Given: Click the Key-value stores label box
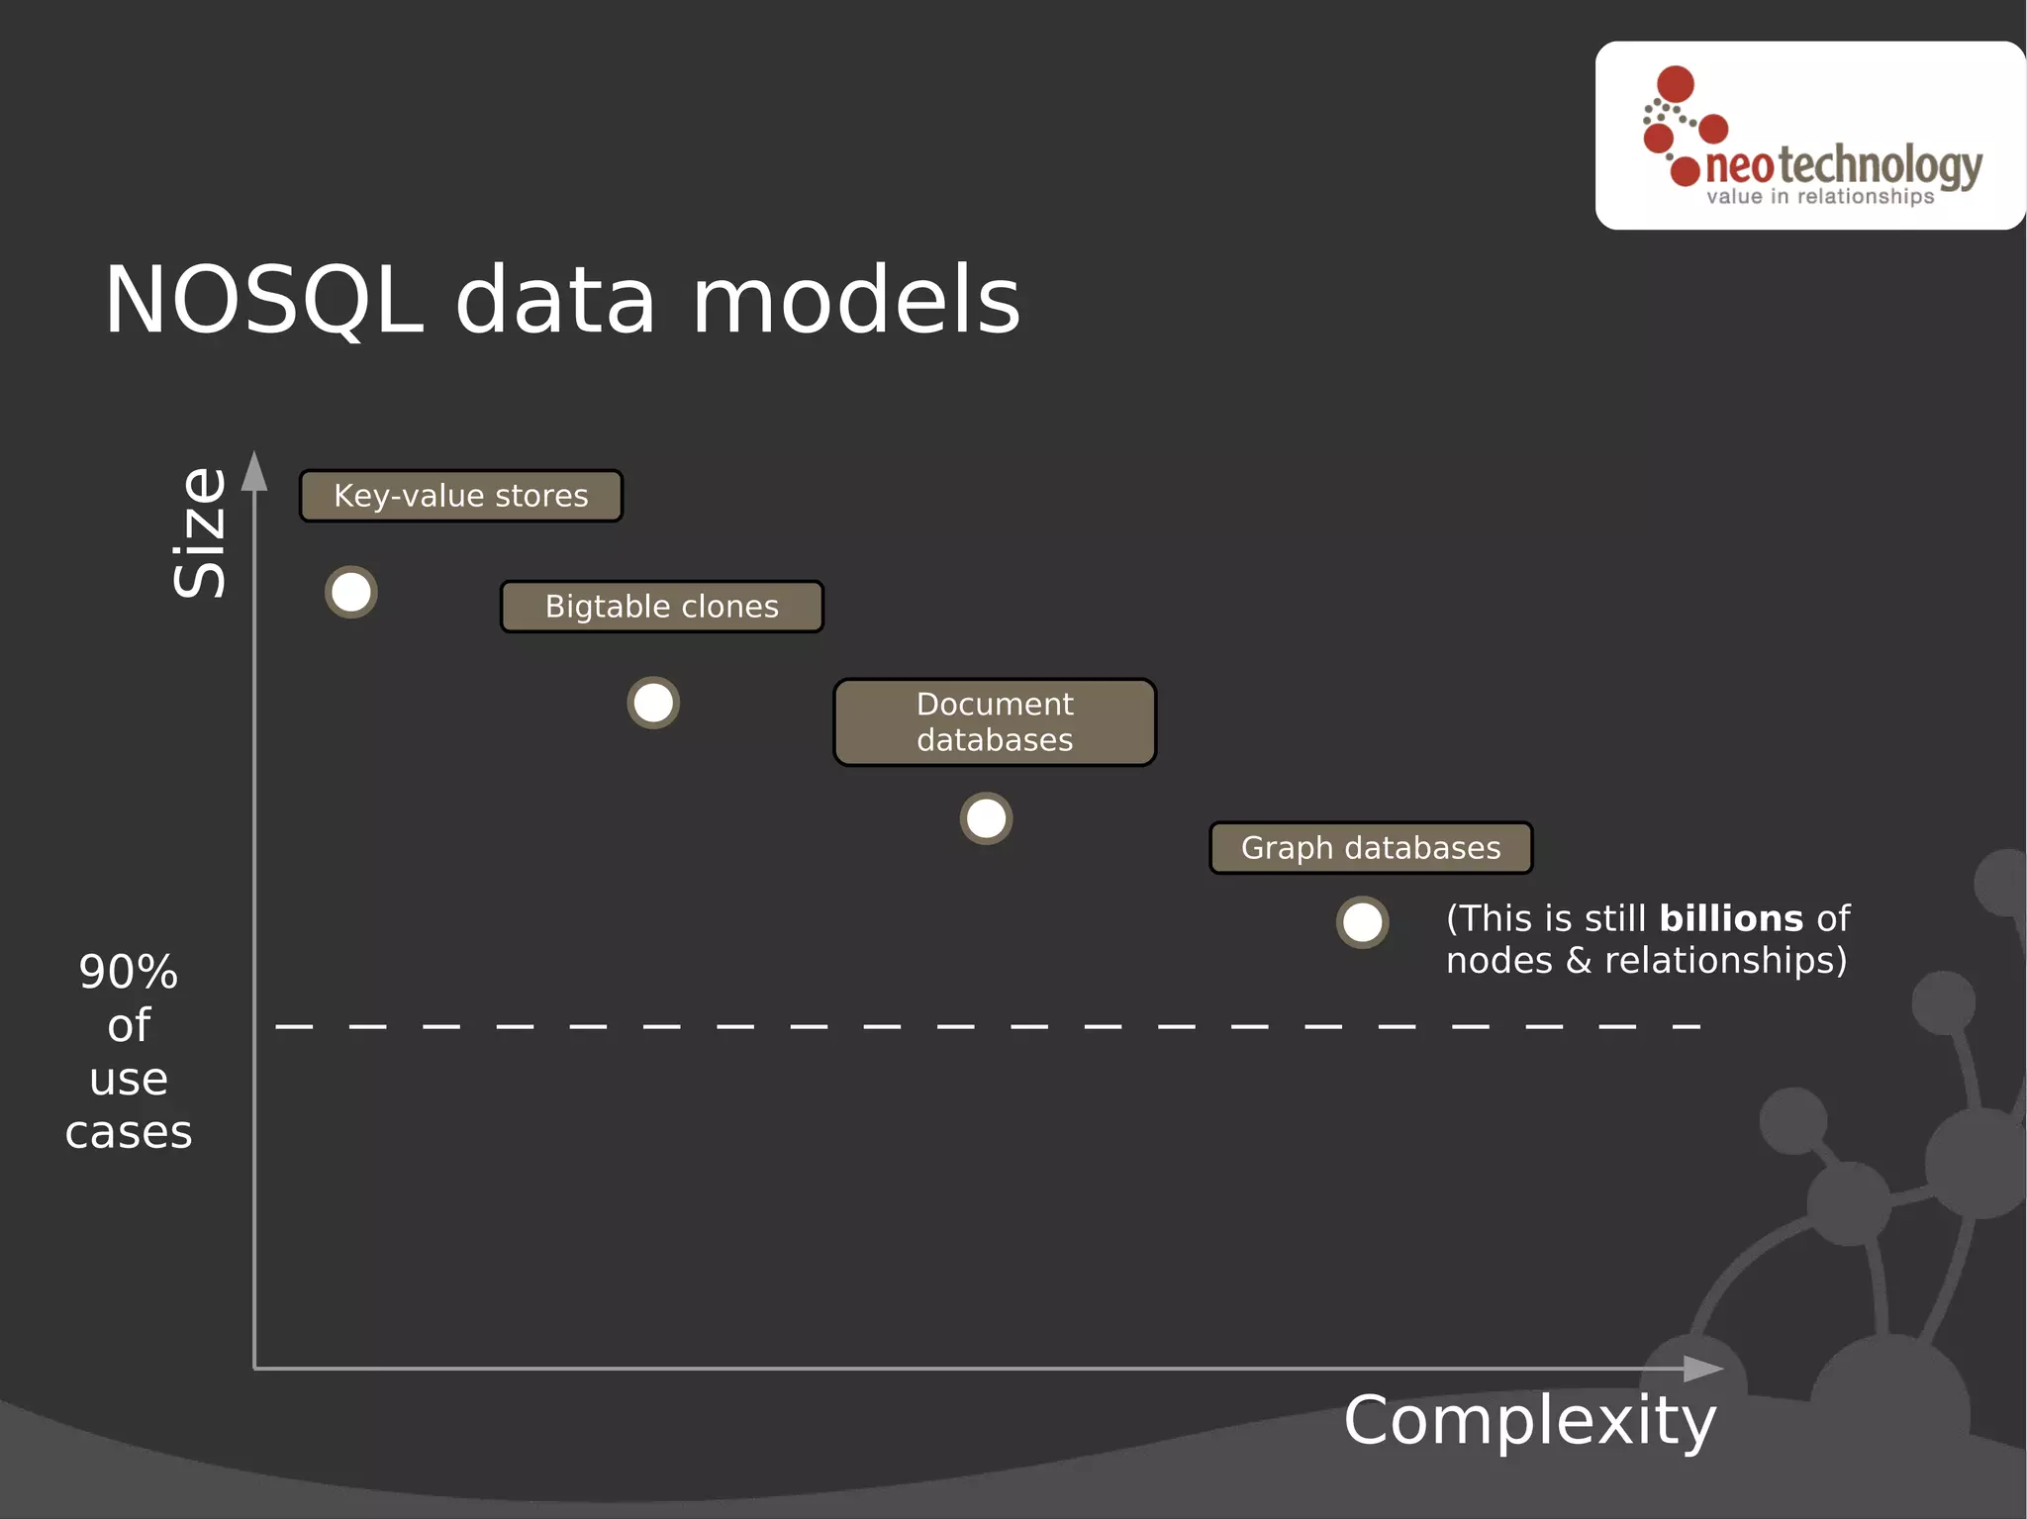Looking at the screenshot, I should [x=461, y=496].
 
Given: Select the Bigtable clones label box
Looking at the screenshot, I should [x=662, y=607].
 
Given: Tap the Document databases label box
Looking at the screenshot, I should [x=995, y=722].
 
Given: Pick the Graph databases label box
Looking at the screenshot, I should [x=1371, y=848].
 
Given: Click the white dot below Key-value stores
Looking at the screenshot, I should [x=351, y=593].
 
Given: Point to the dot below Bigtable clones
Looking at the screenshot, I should [x=653, y=704].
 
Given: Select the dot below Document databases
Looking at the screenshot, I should [x=986, y=819].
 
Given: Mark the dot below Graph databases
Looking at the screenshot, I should [x=1362, y=923].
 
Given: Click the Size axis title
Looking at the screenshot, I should [x=200, y=532].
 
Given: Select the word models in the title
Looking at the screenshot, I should [x=856, y=301].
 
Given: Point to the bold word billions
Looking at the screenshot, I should [x=1731, y=918].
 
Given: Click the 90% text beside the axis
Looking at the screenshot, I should [x=129, y=972].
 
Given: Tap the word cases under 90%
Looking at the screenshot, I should [x=129, y=1132].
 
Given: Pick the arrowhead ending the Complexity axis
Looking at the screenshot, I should [x=1702, y=1369].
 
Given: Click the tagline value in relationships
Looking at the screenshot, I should [x=1820, y=197].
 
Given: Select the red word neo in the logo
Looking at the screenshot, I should [x=1740, y=167].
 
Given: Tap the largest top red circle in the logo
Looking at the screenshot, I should [x=1676, y=84].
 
